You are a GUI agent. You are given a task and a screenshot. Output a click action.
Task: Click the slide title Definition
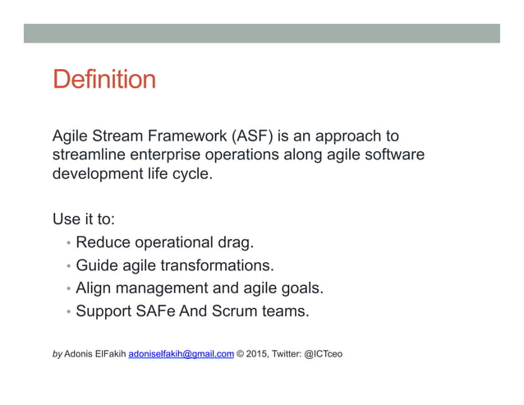coord(103,81)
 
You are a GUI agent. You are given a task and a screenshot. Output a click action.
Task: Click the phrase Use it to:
coord(83,219)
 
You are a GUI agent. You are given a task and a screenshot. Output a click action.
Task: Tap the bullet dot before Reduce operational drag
coord(67,244)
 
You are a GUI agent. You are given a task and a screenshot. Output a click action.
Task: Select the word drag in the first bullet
coord(236,243)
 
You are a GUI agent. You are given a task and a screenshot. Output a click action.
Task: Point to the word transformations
coord(218,266)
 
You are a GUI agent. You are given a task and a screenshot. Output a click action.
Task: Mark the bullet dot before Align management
coord(67,289)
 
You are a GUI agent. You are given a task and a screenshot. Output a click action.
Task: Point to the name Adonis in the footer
coord(80,354)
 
